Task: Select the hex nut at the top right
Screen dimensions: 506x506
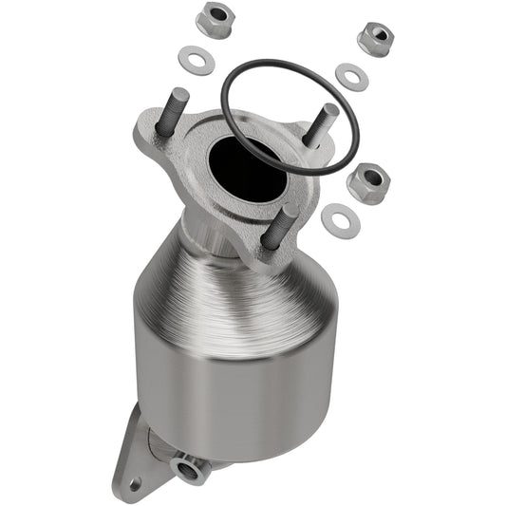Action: coord(377,37)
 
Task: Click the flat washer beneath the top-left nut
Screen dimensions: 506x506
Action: coord(197,59)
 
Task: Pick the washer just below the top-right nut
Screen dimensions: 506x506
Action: coord(351,77)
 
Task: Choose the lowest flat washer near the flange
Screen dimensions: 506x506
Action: coord(340,219)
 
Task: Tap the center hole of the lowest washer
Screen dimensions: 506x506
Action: coord(340,219)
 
